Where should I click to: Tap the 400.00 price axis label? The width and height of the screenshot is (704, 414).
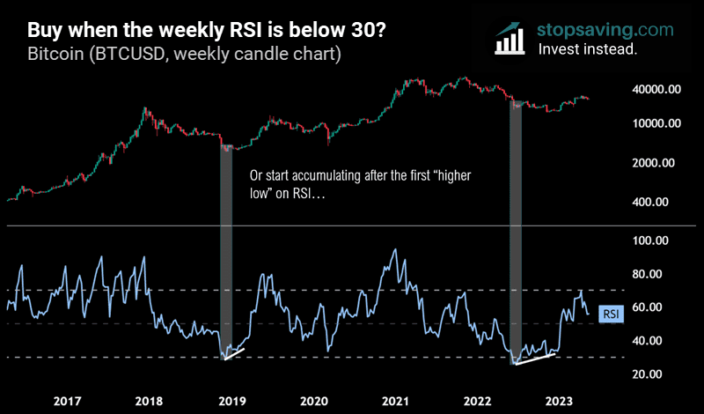[659, 202]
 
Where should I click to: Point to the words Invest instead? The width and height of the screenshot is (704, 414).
[587, 49]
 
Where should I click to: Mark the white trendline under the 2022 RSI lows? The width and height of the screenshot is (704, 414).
[535, 358]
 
